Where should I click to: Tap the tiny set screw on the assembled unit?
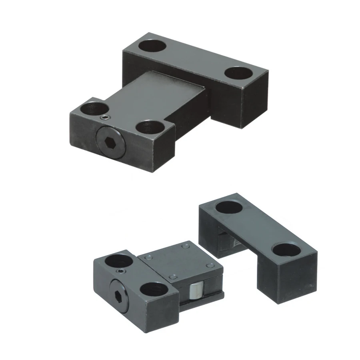104,117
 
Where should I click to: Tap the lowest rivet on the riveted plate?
172,277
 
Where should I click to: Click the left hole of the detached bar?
229,207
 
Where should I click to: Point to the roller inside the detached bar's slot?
226,242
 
